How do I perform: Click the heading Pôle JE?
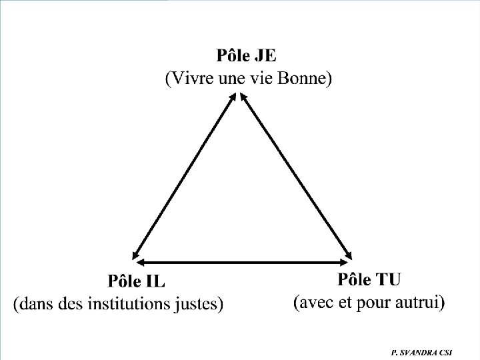pos(247,55)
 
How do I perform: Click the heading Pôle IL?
pos(137,281)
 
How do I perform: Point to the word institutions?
pos(131,305)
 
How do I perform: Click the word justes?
pos(201,305)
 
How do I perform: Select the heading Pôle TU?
pos(369,279)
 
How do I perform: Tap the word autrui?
pos(421,303)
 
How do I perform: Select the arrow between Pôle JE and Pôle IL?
pos(184,177)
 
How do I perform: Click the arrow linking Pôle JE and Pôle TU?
pos(296,177)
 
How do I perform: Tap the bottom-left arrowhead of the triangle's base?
pos(138,260)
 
